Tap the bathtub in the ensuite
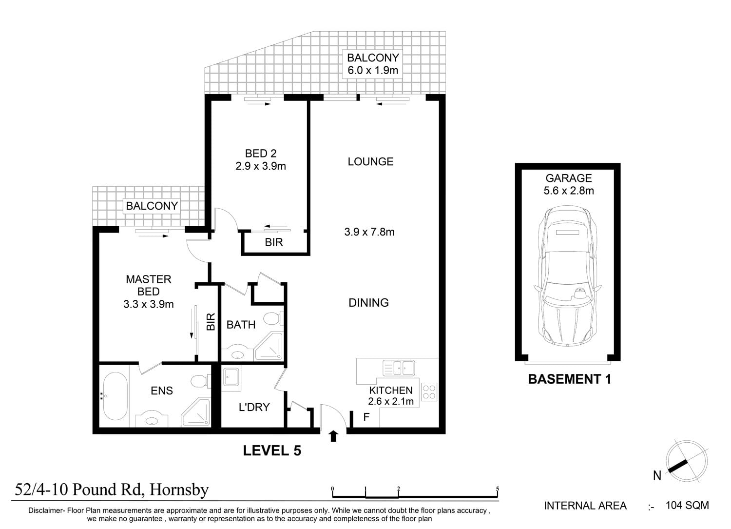point(115,396)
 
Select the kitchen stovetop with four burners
point(429,392)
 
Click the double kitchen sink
point(399,368)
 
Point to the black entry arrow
point(333,436)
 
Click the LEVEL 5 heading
point(272,451)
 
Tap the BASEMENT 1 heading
point(570,379)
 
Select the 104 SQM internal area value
point(687,506)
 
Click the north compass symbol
point(686,461)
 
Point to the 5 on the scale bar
point(498,489)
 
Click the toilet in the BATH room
point(273,318)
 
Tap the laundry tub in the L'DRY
point(231,378)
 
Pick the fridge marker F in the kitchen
point(366,417)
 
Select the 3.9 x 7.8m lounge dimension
point(369,232)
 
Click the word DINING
point(369,303)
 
